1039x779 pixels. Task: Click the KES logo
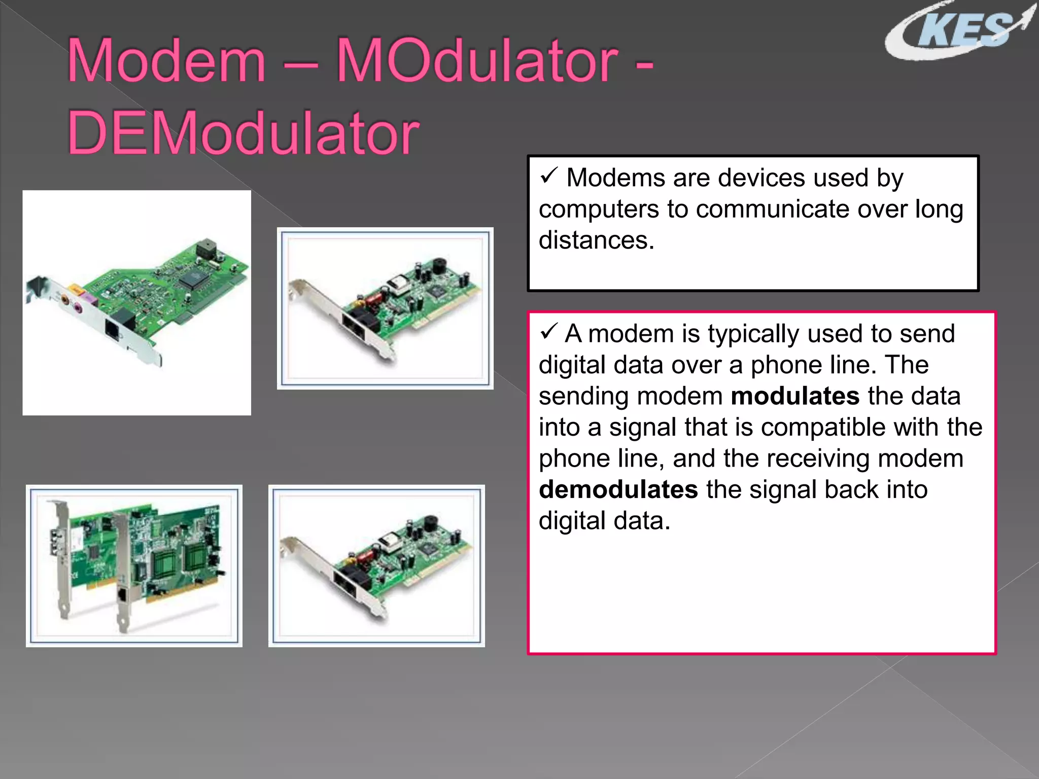pos(959,31)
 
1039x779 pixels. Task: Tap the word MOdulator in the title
pos(477,62)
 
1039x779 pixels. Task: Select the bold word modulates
pos(795,396)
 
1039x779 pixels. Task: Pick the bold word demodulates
pos(618,490)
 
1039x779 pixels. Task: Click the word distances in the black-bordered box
pos(596,240)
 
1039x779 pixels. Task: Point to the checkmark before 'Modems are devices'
pos(549,175)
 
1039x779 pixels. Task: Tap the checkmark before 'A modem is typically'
pos(549,332)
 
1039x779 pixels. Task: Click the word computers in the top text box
pos(598,209)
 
